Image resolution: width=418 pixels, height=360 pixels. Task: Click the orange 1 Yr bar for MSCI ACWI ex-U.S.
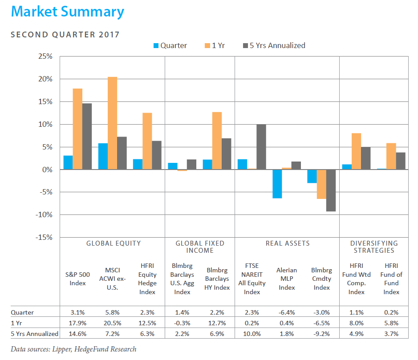113,123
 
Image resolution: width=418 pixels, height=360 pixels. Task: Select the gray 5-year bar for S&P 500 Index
87,137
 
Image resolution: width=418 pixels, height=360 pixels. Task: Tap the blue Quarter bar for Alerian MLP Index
277,184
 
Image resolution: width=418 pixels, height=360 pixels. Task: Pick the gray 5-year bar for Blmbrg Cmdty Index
331,190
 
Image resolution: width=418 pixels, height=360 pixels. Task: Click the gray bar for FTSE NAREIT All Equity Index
261,147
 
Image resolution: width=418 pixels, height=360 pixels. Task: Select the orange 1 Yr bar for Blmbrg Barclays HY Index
217,141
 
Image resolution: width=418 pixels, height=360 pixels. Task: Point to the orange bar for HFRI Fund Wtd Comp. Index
357,151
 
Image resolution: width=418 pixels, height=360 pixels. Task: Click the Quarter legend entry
170,45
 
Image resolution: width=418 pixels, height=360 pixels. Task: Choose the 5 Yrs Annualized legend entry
274,45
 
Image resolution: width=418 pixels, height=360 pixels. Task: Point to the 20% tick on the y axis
45,79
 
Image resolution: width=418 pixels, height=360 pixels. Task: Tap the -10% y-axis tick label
44,215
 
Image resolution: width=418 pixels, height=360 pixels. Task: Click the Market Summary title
68,12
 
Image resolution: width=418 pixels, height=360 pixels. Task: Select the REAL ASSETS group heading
288,243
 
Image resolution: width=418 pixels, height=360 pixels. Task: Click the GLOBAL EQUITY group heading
114,243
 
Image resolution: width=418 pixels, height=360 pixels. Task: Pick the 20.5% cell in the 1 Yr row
113,323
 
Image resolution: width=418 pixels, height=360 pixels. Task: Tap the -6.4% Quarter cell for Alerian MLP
287,312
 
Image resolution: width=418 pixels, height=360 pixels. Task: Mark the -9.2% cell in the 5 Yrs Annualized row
322,334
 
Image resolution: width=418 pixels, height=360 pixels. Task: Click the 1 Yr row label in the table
16,323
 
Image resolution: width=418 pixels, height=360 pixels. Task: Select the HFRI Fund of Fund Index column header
391,279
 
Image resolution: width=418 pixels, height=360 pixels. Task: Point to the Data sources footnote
73,349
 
